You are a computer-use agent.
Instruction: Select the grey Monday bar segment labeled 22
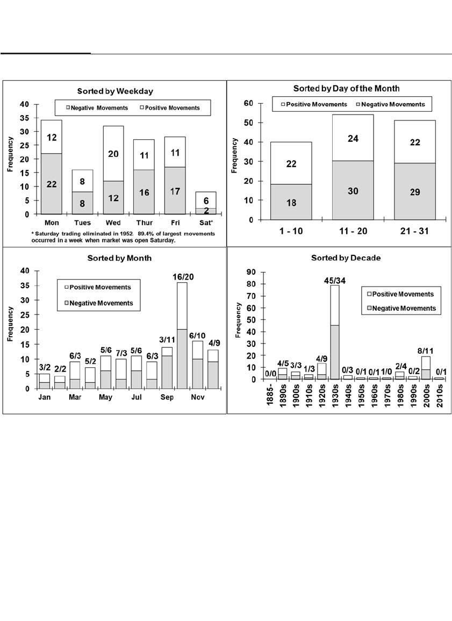51,184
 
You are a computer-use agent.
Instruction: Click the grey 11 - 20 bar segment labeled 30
353,190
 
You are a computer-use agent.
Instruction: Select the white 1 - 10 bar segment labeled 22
291,163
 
